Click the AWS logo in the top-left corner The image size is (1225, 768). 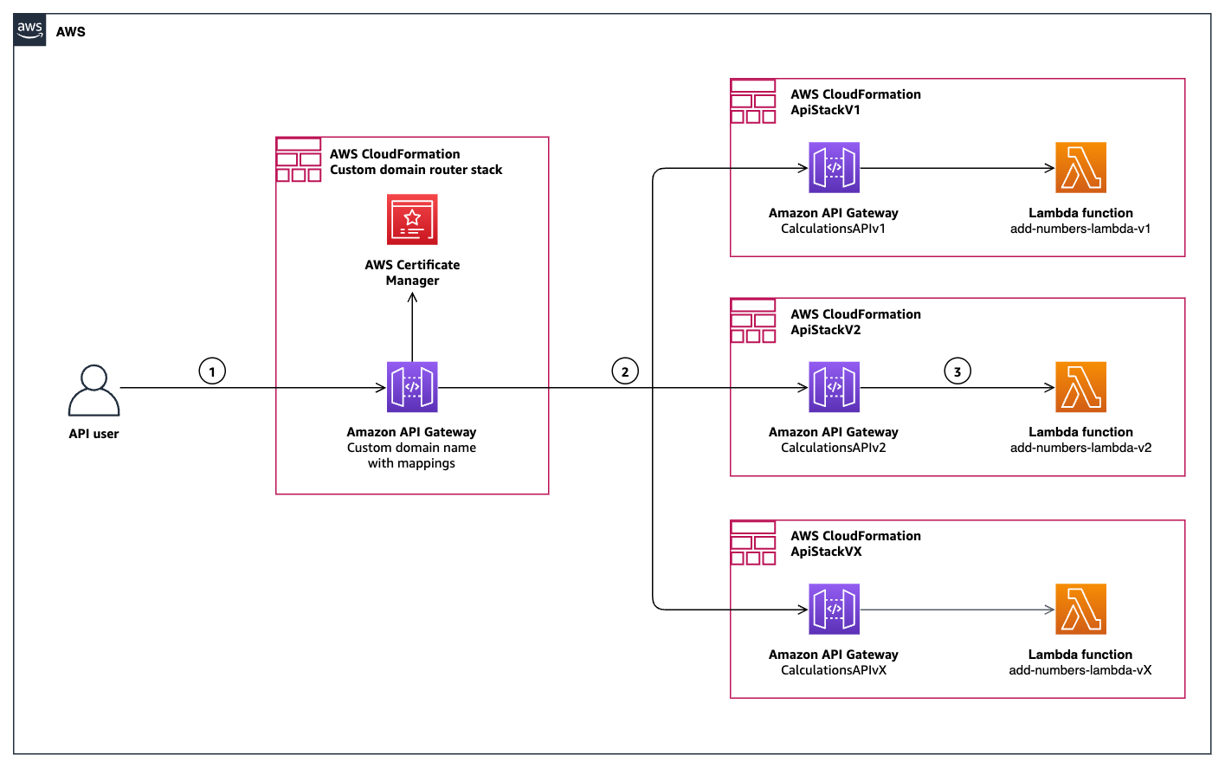click(30, 30)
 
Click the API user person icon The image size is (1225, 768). click(93, 390)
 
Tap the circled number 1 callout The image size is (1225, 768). click(212, 371)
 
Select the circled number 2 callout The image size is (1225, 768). click(625, 371)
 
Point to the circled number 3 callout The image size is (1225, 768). click(957, 371)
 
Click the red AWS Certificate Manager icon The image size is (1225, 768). click(412, 220)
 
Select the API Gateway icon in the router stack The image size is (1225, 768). click(412, 387)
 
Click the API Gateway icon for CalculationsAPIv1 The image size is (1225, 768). click(834, 168)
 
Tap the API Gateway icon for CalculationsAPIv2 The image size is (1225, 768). click(834, 387)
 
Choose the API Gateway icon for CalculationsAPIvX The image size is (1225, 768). click(834, 610)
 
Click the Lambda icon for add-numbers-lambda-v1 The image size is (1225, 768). click(1080, 168)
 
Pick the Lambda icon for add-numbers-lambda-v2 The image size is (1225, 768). click(1080, 387)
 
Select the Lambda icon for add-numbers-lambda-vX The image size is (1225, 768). click(1080, 610)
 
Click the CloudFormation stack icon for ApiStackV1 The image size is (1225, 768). click(753, 101)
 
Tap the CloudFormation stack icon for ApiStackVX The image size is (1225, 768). click(753, 543)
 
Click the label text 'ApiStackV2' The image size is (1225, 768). click(825, 330)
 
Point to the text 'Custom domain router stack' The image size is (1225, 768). click(416, 170)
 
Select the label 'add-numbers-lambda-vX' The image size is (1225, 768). click(1080, 670)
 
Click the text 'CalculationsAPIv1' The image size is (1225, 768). click(833, 229)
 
